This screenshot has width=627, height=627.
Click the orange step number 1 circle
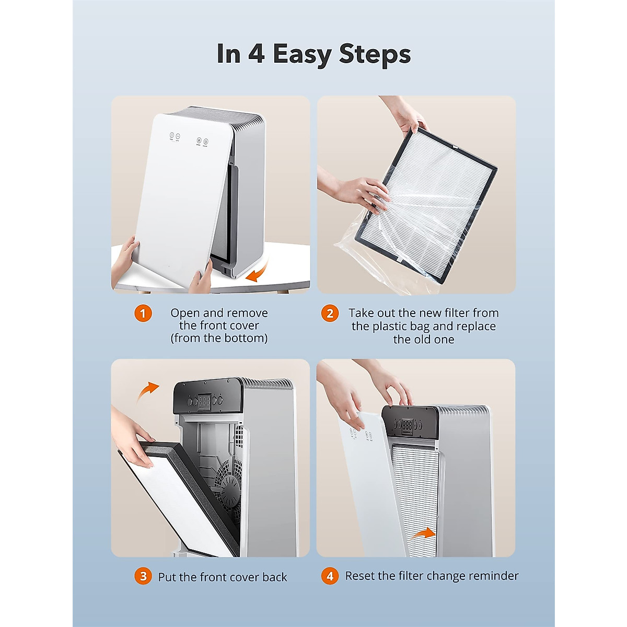143,313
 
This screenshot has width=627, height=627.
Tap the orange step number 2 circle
330,313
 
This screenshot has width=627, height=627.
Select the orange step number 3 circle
143,576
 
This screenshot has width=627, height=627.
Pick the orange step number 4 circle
330,576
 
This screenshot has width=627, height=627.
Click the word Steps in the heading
375,54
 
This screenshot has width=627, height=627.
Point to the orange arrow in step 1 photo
257,271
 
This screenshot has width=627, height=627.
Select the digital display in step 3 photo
204,400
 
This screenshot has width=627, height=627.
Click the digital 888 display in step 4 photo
407,426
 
